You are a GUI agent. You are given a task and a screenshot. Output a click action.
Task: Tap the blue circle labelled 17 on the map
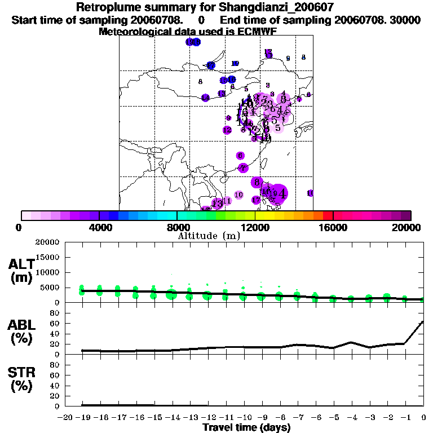tap(211, 65)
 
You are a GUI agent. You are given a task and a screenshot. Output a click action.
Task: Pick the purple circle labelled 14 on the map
tap(206, 98)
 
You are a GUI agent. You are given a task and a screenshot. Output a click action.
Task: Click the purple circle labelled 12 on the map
tap(227, 130)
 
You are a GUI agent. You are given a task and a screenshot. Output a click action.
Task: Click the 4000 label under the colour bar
tap(99, 227)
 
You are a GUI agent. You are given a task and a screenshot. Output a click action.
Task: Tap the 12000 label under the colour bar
tap(255, 227)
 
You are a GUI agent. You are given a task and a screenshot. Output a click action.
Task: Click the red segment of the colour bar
tap(328, 215)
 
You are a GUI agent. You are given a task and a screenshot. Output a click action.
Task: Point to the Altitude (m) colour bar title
tap(209, 236)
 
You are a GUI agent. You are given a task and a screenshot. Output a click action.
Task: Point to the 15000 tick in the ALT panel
tap(48, 258)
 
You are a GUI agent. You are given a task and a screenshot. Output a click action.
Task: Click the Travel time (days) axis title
tap(246, 427)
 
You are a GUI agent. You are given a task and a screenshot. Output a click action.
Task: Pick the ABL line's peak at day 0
tap(423, 322)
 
